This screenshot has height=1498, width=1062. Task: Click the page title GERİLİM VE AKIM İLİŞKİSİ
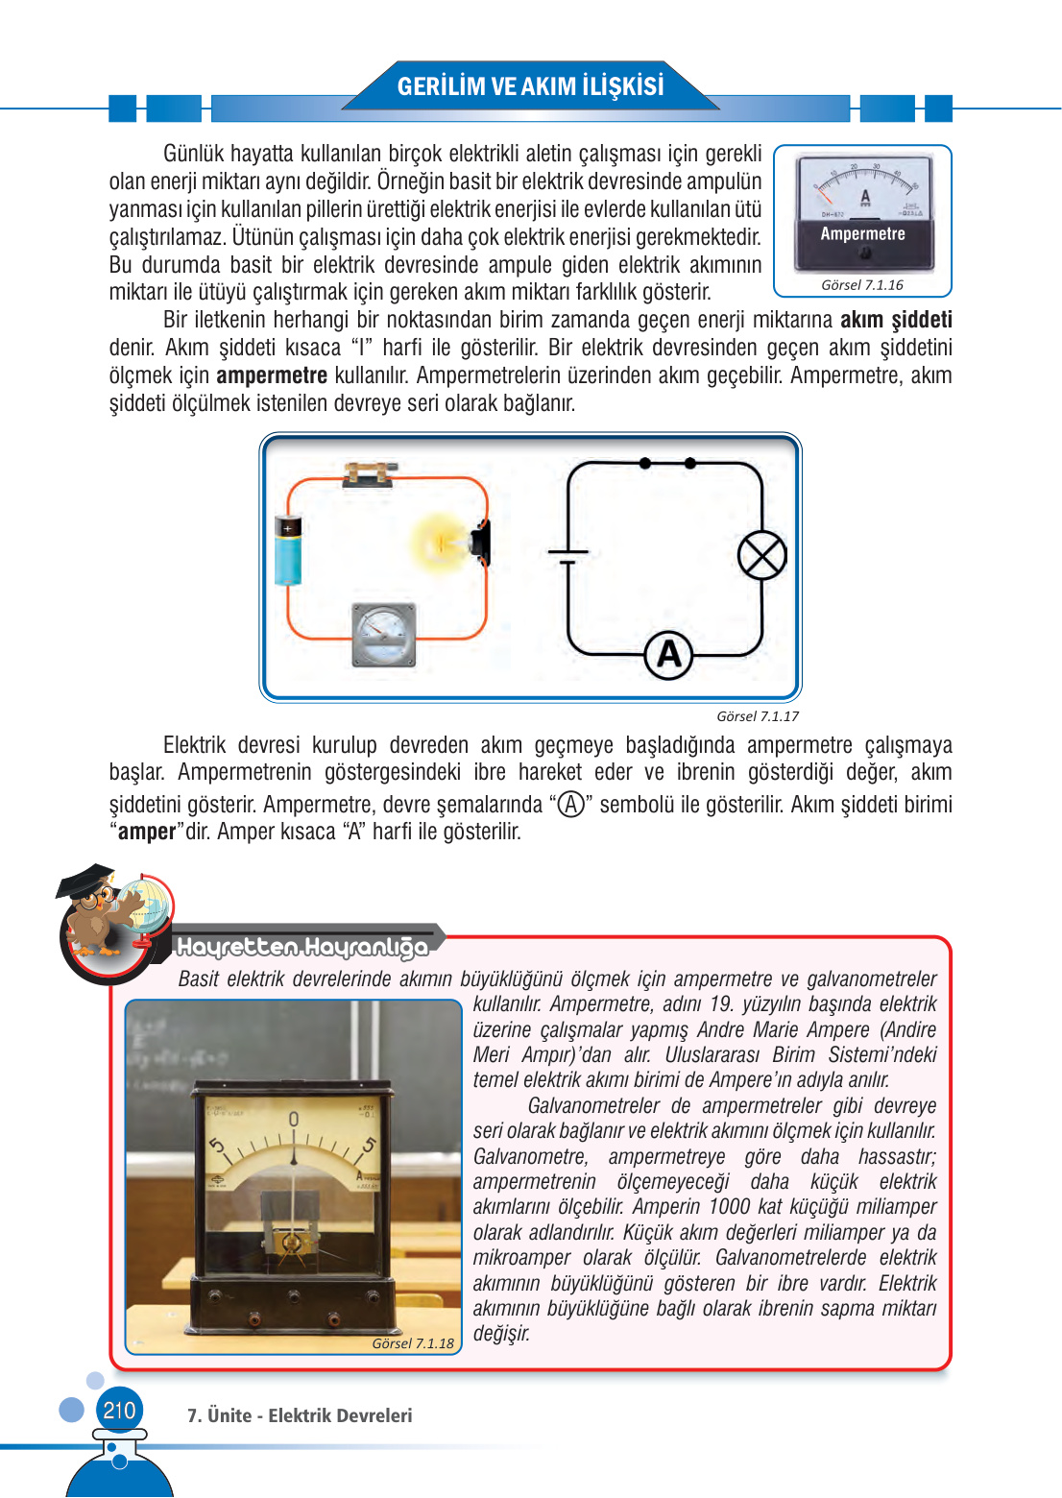530,86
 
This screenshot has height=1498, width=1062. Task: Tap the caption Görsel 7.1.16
861,285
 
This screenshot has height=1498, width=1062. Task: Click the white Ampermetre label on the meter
862,233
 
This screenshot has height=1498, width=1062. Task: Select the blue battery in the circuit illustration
288,550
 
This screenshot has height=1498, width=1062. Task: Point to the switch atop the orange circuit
370,473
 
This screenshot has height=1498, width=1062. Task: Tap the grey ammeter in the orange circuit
384,635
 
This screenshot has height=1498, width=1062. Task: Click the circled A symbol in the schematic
668,655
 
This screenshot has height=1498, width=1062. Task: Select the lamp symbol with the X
761,556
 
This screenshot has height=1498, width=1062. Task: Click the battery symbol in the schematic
568,556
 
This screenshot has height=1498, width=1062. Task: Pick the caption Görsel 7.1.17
757,716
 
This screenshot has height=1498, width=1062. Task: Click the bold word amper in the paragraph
147,832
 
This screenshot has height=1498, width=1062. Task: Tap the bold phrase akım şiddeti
895,320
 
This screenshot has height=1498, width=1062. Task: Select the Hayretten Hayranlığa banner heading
302,948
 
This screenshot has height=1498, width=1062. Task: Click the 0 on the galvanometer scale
294,1120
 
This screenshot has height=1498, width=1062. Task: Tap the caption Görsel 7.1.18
413,1343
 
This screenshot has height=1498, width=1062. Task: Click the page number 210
119,1411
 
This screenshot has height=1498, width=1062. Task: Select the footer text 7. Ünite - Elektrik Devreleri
300,1415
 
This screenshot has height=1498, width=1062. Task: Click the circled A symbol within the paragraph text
571,805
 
